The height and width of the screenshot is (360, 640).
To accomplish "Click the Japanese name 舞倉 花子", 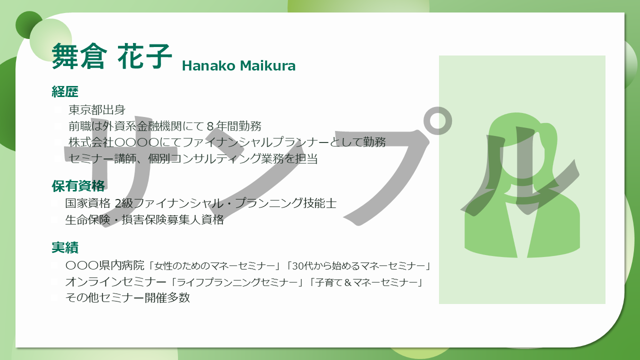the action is pyautogui.click(x=111, y=56).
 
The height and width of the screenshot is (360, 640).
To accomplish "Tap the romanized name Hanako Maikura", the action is pyautogui.click(x=238, y=65).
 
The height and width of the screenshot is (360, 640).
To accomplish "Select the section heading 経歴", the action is pyautogui.click(x=65, y=91).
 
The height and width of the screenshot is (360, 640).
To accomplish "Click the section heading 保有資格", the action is pyautogui.click(x=78, y=185).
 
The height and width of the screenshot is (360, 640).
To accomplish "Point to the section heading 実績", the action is pyautogui.click(x=65, y=247).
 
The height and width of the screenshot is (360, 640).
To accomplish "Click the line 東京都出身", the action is pyautogui.click(x=97, y=109).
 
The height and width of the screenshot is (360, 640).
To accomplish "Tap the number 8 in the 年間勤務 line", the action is pyautogui.click(x=210, y=126).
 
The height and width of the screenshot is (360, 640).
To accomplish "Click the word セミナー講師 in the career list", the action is pyautogui.click(x=102, y=158).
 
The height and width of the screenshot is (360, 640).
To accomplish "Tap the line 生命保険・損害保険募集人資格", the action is pyautogui.click(x=144, y=219).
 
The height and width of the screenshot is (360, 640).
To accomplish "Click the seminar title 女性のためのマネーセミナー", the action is pyautogui.click(x=214, y=266).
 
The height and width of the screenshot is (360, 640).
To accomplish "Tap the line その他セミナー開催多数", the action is pyautogui.click(x=127, y=297).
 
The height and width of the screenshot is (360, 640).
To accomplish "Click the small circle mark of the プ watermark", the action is pyautogui.click(x=437, y=121).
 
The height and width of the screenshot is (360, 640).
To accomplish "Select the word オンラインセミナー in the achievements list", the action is pyautogui.click(x=115, y=282).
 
